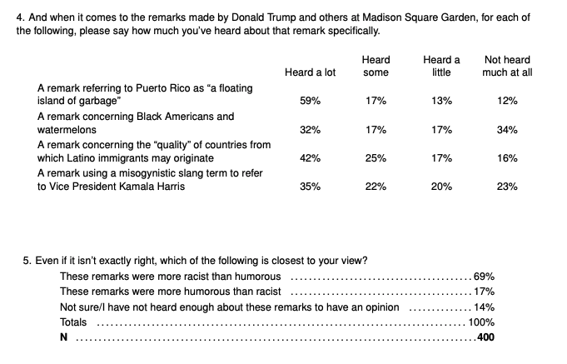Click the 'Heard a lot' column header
coord(310,72)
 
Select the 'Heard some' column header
coord(376,66)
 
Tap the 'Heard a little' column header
coord(441,66)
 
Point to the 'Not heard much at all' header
coord(507,66)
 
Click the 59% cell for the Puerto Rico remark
coord(310,101)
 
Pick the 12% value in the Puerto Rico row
coord(507,101)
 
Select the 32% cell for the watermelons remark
coord(310,130)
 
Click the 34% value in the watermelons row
coord(507,130)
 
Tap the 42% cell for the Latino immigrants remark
coord(310,158)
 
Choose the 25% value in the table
coord(376,158)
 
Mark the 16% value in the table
coord(507,158)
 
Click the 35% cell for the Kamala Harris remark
coord(310,187)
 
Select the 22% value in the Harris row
coord(376,187)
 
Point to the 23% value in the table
coord(507,187)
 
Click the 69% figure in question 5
coord(484,276)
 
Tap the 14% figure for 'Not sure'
coord(484,307)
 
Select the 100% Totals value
coord(481,322)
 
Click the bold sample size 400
coord(485,337)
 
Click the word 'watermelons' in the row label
coord(67,130)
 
